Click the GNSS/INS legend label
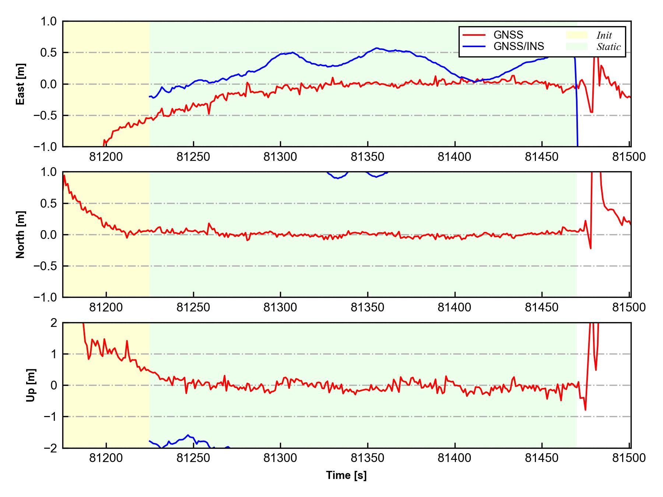(519, 46)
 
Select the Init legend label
(604, 35)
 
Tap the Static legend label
(608, 47)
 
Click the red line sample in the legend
(474, 35)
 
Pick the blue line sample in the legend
(474, 46)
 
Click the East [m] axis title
(21, 84)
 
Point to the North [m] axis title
(21, 235)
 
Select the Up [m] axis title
(31, 385)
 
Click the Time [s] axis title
(346, 475)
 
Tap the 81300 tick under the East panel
(280, 157)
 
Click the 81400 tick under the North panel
(455, 307)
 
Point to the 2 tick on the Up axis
(54, 323)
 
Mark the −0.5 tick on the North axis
(45, 266)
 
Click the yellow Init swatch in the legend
(576, 35)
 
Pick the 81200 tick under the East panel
(106, 157)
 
